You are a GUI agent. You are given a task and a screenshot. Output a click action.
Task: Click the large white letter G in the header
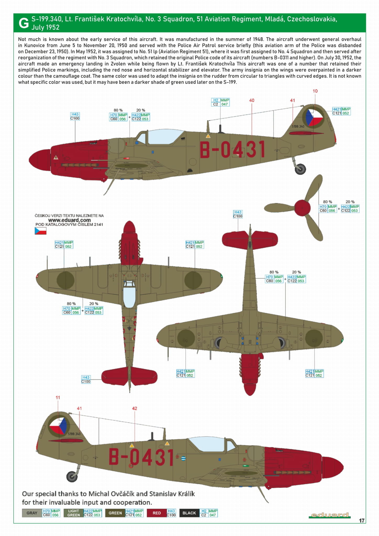(x=24, y=23)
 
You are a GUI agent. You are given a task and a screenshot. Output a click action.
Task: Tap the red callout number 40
(x=252, y=100)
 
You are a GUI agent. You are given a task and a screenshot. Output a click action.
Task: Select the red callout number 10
(x=315, y=91)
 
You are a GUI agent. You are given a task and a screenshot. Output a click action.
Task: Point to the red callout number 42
(x=134, y=408)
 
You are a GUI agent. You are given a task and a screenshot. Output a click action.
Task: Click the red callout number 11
(x=58, y=397)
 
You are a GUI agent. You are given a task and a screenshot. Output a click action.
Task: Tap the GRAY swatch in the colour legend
(x=32, y=513)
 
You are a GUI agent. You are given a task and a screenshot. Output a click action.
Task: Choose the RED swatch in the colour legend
(x=157, y=513)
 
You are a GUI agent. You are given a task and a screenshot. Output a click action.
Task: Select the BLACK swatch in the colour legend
(x=189, y=513)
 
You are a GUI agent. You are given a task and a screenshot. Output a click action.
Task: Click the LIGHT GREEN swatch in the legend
(x=74, y=513)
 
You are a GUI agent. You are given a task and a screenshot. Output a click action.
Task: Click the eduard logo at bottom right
(x=330, y=515)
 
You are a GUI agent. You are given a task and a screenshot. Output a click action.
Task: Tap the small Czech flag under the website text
(x=40, y=231)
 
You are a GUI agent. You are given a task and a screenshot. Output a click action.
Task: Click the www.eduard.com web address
(x=69, y=220)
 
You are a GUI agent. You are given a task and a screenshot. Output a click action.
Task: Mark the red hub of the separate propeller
(x=302, y=208)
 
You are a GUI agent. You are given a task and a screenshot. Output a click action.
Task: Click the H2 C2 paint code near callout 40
(x=220, y=102)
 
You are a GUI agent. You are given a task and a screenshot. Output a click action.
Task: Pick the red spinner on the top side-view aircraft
(x=39, y=160)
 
